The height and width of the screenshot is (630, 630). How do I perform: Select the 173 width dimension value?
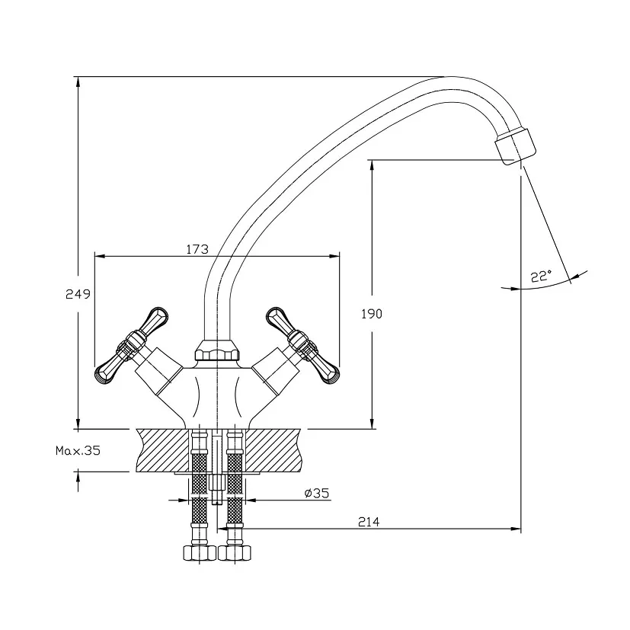(x=197, y=249)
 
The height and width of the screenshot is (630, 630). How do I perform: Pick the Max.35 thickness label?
(x=78, y=450)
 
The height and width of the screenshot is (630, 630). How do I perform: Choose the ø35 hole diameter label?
(x=316, y=493)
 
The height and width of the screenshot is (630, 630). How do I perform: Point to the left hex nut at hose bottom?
(x=197, y=552)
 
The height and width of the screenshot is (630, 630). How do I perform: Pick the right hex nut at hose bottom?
(x=235, y=552)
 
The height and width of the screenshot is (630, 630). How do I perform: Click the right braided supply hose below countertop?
(x=235, y=488)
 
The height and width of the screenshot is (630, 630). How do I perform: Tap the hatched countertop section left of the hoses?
(x=161, y=449)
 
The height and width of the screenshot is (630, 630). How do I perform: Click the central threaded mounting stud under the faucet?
(x=217, y=480)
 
